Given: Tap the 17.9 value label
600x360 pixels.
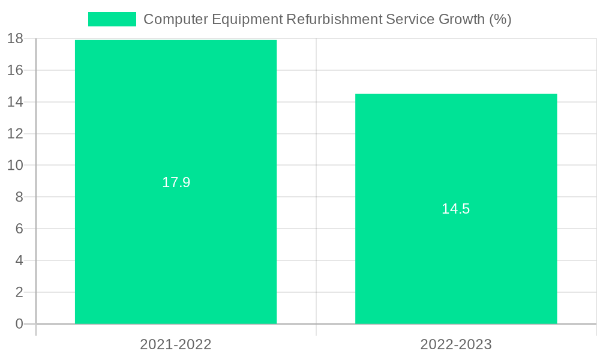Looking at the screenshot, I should [x=176, y=182].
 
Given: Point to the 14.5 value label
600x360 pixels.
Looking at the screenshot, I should [x=456, y=209].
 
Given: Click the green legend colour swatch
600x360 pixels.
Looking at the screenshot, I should [x=112, y=19].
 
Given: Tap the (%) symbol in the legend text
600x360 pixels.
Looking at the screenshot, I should [x=500, y=19].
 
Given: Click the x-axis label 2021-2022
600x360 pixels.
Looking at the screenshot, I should [x=176, y=344].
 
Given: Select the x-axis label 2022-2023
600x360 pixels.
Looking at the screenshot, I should [x=456, y=344].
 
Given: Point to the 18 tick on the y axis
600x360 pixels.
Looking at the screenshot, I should [x=16, y=38].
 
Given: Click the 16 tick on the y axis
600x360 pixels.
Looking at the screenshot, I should [x=16, y=70].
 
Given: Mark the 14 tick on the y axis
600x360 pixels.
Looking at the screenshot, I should [x=16, y=102].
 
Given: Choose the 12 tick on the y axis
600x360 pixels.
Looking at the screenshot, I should [x=16, y=134].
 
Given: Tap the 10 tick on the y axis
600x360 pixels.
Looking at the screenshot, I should [x=16, y=165].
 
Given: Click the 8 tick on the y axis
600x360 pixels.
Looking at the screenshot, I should [x=19, y=197].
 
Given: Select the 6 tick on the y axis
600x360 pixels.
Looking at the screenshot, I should [x=19, y=229].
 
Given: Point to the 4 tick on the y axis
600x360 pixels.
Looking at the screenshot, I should [x=19, y=260].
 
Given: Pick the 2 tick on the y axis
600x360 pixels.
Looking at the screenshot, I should [x=19, y=292].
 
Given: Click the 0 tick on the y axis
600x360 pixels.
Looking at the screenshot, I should [x=19, y=324].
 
